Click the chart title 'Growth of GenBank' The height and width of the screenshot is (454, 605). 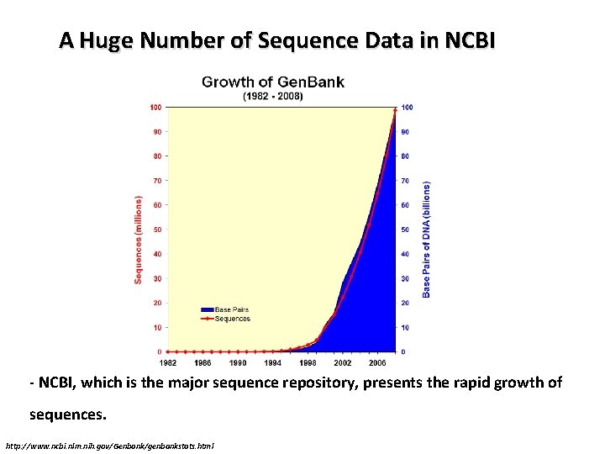tap(272, 82)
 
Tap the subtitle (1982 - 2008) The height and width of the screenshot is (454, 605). tap(272, 96)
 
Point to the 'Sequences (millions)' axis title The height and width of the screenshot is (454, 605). tap(139, 240)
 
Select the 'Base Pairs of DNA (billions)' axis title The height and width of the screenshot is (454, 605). tap(426, 240)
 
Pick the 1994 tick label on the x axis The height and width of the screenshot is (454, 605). tap(272, 362)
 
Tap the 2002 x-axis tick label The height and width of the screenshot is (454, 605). tap(342, 362)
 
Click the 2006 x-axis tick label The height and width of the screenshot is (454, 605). tap(377, 362)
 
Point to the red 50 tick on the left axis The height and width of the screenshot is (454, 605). tap(156, 230)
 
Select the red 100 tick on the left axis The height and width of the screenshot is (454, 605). tap(155, 107)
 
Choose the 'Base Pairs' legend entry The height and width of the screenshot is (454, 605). tap(232, 310)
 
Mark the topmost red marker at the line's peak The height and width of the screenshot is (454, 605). tap(395, 108)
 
